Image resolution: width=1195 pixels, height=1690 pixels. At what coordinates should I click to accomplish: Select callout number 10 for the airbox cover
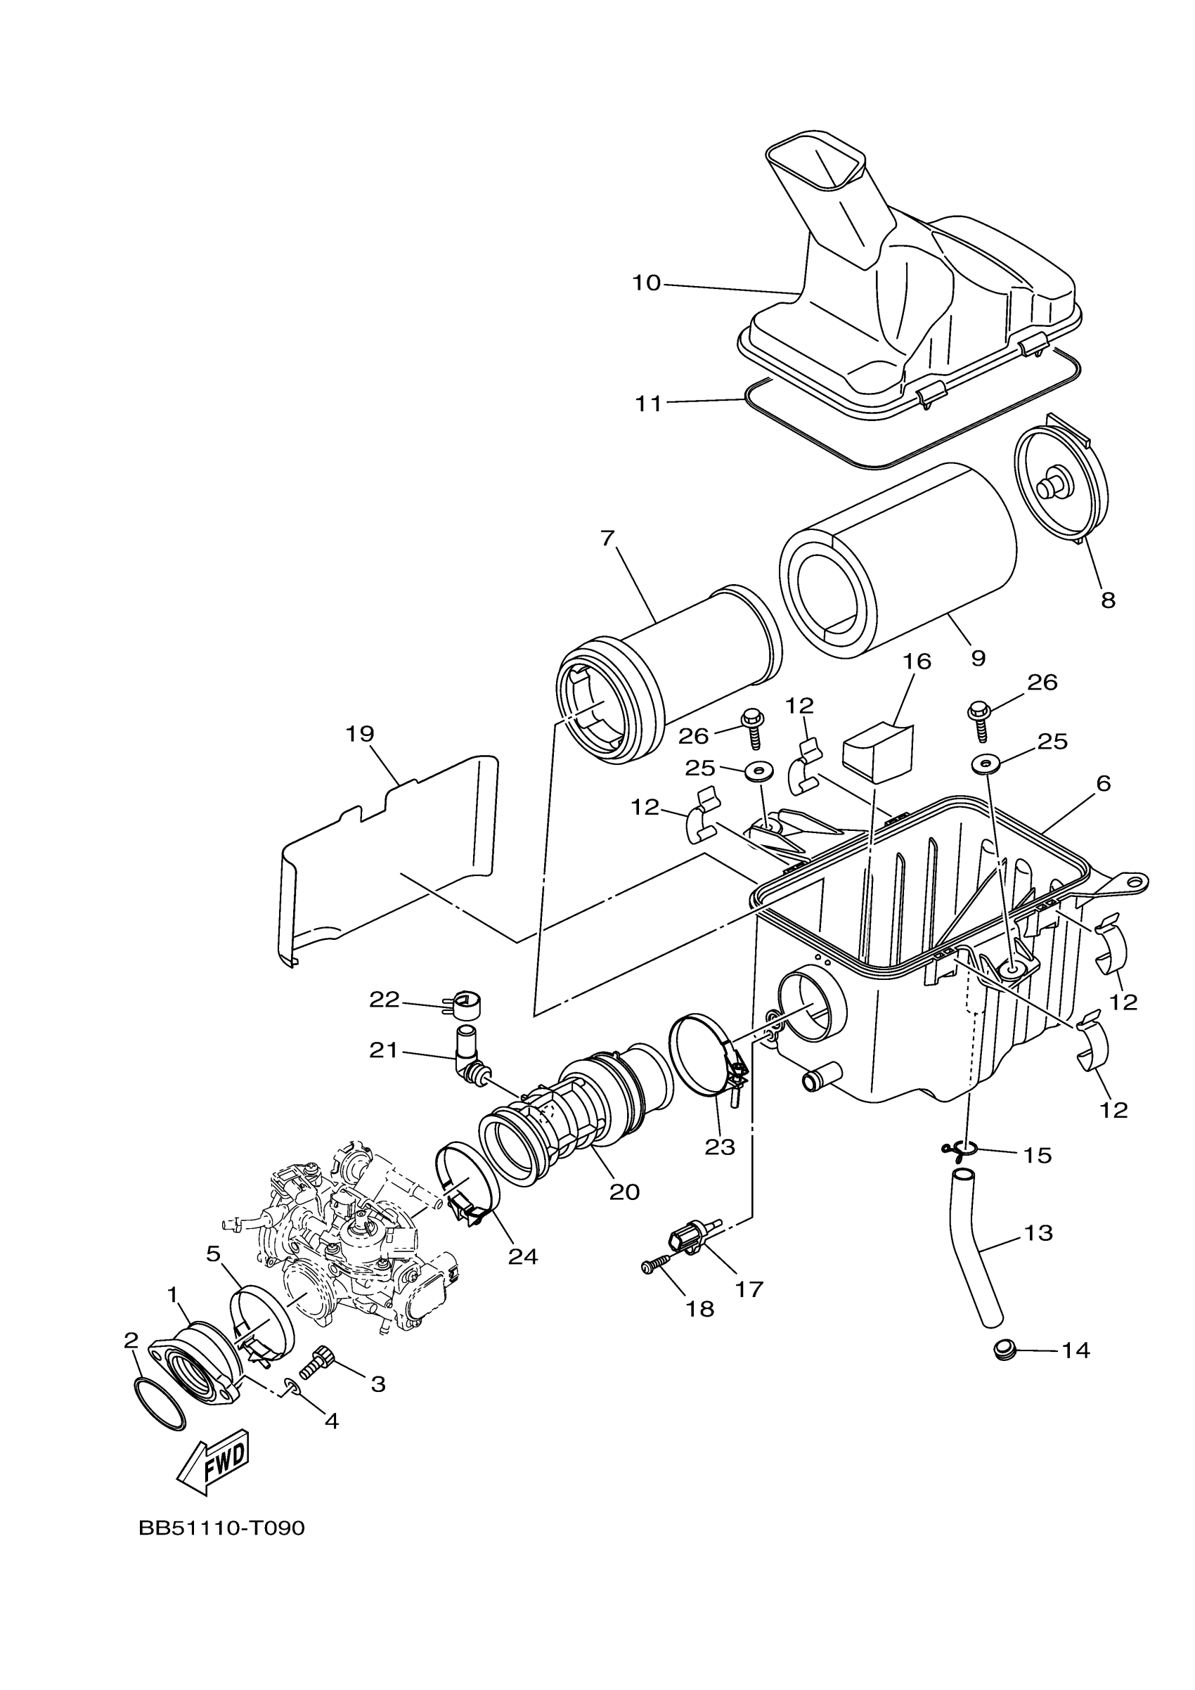[x=647, y=283]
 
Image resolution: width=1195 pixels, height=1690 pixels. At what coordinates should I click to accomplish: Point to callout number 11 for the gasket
[x=648, y=404]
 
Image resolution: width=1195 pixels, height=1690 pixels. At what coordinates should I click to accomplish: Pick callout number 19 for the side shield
[x=360, y=734]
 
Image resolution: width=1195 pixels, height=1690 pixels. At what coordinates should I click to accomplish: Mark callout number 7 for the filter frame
[x=607, y=538]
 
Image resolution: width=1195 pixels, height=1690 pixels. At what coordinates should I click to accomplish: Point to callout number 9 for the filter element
[x=977, y=657]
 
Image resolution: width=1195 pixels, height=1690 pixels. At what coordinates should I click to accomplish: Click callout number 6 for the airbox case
[x=1102, y=783]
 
